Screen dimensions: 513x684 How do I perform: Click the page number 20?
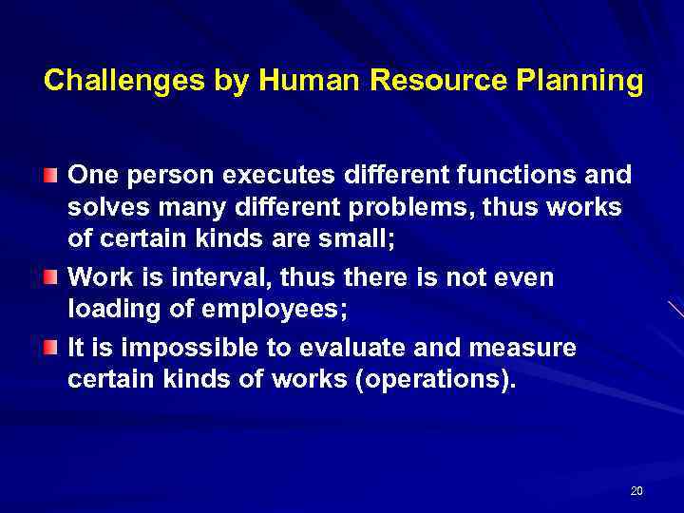click(636, 490)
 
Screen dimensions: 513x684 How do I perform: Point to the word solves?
click(103, 209)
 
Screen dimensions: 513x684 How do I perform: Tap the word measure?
click(520, 348)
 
